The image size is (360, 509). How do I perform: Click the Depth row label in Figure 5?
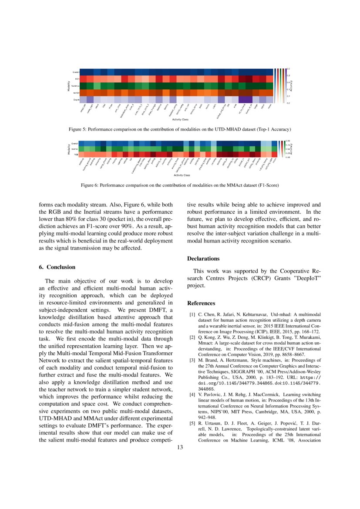(x=76, y=100)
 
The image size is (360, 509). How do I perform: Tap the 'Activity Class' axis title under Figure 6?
(x=182, y=175)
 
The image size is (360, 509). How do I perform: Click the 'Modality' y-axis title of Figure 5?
(x=69, y=86)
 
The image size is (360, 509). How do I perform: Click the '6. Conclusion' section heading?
(x=57, y=267)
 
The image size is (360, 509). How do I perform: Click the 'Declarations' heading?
(x=203, y=259)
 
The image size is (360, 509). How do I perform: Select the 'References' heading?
(x=201, y=303)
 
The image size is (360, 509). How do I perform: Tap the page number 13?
(x=180, y=448)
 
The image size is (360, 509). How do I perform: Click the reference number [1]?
(x=192, y=314)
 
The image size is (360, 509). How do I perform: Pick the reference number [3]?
(x=192, y=360)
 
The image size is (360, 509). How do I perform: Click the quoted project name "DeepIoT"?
(x=306, y=278)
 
